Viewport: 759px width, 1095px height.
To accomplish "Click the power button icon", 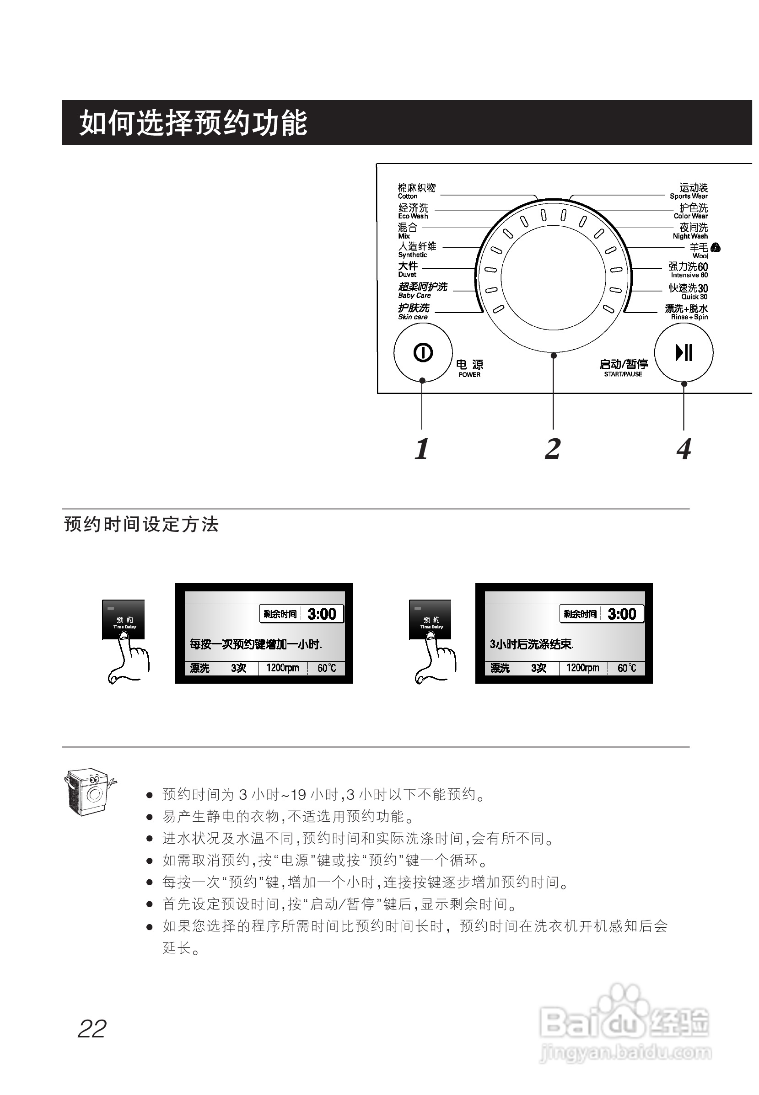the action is [423, 352].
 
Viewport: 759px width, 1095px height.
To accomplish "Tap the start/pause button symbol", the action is [684, 352].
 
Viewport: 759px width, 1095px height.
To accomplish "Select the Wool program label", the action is [700, 251].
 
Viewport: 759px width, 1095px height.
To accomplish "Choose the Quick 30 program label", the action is [688, 292].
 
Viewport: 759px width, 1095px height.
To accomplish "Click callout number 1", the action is [422, 449].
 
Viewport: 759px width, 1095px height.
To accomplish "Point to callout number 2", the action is [553, 449].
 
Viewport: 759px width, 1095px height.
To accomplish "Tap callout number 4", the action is [684, 449].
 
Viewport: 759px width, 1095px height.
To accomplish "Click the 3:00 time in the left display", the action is [322, 614].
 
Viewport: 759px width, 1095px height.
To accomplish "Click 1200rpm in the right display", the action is [582, 668].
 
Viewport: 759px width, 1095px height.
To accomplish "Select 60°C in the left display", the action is [327, 668].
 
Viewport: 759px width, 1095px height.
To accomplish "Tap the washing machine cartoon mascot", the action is [89, 792].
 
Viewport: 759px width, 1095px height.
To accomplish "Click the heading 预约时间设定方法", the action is [141, 525].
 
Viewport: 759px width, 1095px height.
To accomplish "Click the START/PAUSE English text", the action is [623, 374].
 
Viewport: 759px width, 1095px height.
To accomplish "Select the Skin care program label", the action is [413, 312].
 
